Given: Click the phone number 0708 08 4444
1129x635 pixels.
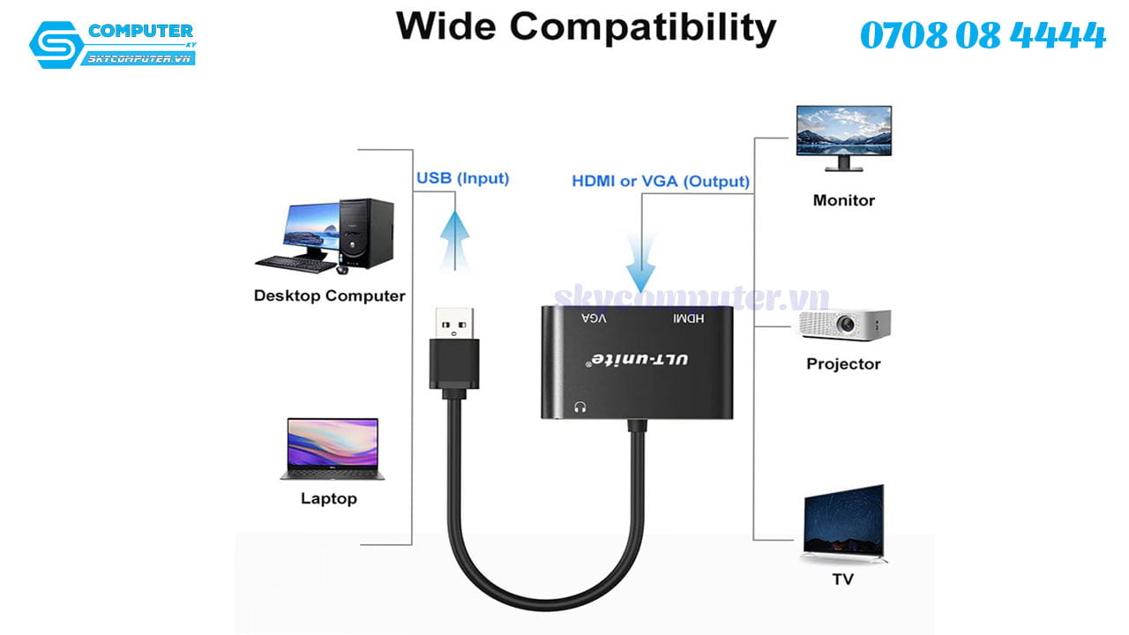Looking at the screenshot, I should [x=982, y=36].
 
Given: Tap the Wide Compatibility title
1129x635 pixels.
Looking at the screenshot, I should [x=586, y=26].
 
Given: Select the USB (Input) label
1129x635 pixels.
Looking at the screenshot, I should [x=462, y=178].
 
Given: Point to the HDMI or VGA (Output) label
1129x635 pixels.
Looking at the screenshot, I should [x=661, y=182].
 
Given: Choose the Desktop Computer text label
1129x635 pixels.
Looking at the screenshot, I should [x=329, y=295].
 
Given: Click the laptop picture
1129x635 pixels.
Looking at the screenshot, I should [x=332, y=449].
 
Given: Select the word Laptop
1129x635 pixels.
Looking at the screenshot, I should [x=329, y=498].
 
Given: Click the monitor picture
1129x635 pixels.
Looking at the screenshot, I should [x=843, y=137].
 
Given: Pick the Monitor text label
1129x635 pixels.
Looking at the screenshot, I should [x=843, y=200].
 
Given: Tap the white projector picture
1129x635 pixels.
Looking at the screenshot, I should [x=844, y=325].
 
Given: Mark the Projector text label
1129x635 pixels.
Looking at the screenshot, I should [x=843, y=363].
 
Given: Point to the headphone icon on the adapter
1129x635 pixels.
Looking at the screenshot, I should [x=580, y=407].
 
